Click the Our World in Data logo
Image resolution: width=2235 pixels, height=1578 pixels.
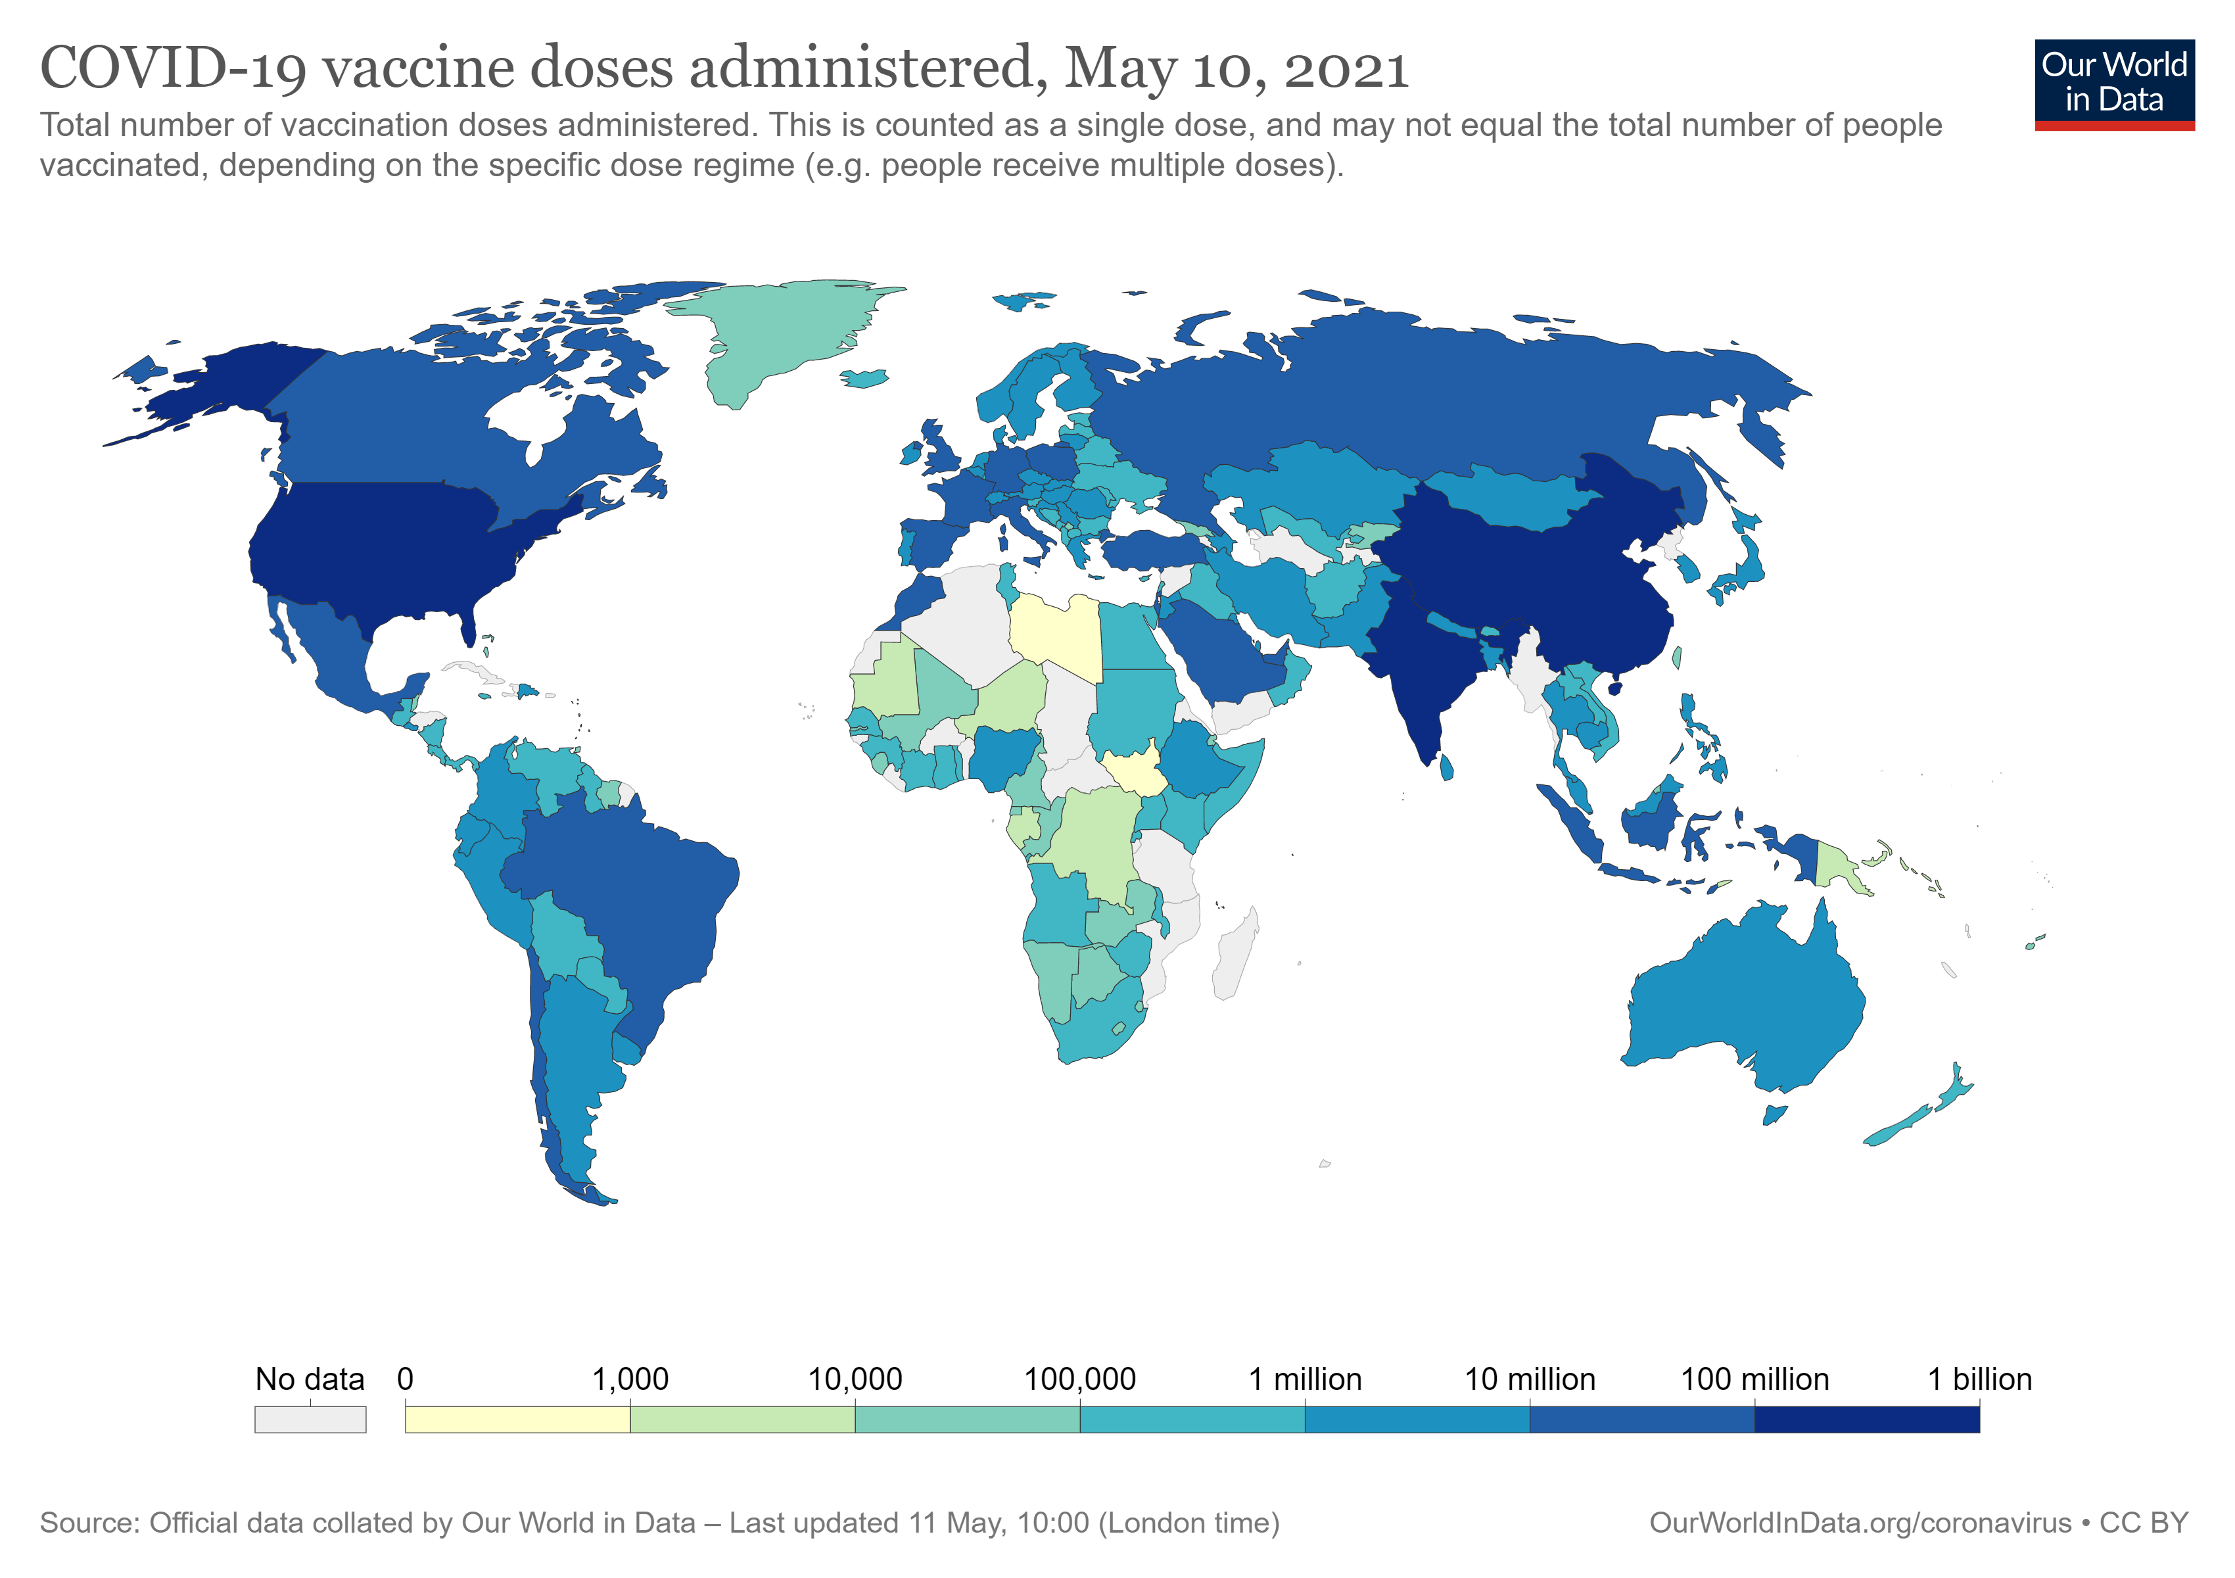[x=2113, y=84]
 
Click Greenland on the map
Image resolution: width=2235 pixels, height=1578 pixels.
[x=779, y=331]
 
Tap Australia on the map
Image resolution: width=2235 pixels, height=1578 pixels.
[x=1743, y=1003]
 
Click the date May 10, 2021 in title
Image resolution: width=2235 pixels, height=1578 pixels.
[x=1236, y=68]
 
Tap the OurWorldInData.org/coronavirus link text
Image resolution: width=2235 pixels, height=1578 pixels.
[x=1859, y=1523]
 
